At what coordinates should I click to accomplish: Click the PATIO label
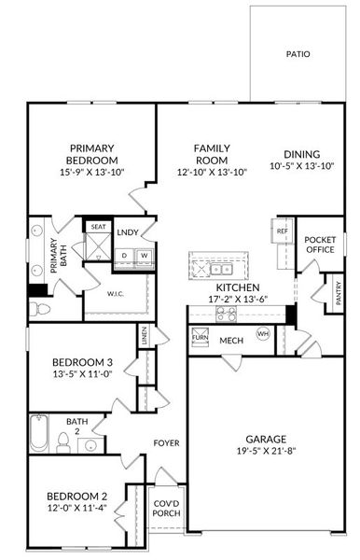pos(298,54)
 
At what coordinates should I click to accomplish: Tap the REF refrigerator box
pos(282,231)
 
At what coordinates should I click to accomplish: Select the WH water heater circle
pos(263,333)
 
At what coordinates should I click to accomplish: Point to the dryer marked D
pos(125,256)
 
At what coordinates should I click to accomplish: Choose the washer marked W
pos(145,256)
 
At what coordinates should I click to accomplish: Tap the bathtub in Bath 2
pos(39,434)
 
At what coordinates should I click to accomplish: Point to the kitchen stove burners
pos(227,314)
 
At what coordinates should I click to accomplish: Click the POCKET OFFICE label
pos(320,245)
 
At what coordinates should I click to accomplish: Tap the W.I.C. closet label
pos(117,293)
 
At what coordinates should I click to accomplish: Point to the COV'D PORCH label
pos(168,511)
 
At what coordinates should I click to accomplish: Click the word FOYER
pos(167,442)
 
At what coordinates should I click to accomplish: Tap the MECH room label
pos(231,341)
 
